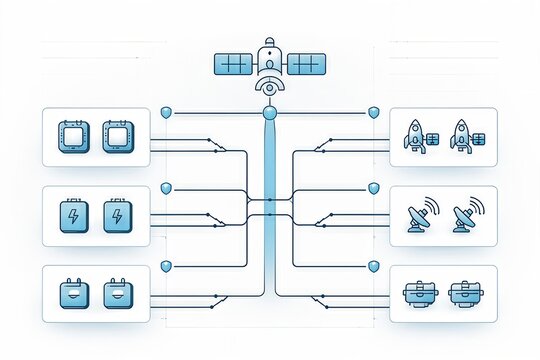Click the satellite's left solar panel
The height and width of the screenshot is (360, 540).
coord(234,64)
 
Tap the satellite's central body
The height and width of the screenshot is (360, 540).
coord(269,59)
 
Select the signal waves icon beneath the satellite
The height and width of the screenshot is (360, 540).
coord(269,88)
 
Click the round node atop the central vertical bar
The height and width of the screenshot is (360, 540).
coord(269,114)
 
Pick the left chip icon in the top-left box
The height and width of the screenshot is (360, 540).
coord(75,136)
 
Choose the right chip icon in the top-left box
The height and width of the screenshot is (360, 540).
coord(116,136)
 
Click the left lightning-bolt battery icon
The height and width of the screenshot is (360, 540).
coord(75,216)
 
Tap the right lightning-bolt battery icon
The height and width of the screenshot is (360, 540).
coord(116,216)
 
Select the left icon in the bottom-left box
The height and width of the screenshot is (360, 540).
coord(75,294)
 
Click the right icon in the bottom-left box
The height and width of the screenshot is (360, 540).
coord(116,294)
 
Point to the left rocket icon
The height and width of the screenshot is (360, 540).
coord(417,135)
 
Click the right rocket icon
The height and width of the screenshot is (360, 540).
coord(463,135)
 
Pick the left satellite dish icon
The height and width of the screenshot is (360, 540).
coord(421,216)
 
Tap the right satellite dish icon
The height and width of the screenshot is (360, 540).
coord(466,216)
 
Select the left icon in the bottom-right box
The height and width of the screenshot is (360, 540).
coord(421,294)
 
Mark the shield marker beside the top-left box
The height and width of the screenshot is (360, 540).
coord(166,112)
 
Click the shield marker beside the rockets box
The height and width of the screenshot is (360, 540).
coord(374,112)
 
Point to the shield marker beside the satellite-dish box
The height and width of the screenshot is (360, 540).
coord(374,187)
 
